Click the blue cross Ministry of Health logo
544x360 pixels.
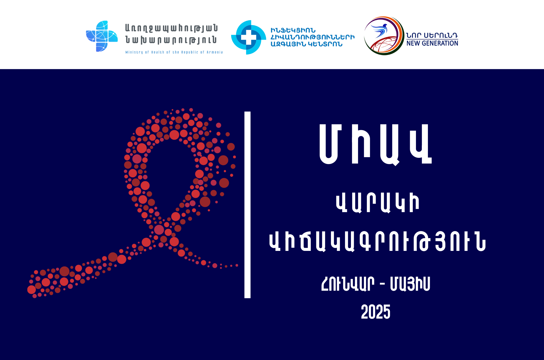[102, 36]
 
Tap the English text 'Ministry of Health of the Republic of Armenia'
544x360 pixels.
[174, 52]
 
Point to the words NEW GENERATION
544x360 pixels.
[432, 43]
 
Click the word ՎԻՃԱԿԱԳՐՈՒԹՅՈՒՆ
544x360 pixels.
[377, 242]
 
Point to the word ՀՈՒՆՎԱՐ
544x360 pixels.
[348, 284]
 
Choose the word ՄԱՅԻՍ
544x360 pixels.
[410, 284]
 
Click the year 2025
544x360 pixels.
[376, 312]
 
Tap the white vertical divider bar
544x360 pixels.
[247, 205]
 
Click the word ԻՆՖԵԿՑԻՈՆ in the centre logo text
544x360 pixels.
[293, 30]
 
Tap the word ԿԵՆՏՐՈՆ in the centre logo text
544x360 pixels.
[325, 44]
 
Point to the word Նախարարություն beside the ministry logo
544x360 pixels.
[171, 40]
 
